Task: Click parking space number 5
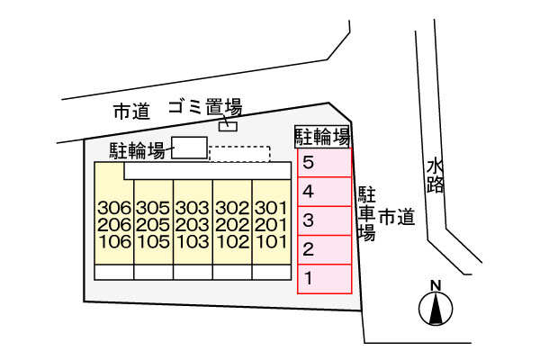pos(324,163)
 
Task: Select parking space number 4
pos(324,192)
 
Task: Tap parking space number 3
pos(324,220)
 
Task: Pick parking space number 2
pos(324,250)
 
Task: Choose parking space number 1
pos(324,279)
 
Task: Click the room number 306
pos(114,208)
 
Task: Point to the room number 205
pos(153,225)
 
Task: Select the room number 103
pos(193,242)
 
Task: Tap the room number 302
pos(232,208)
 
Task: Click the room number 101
pos(272,242)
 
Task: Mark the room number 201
pos(272,225)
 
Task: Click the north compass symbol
pos(436,309)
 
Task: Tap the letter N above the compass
pos(436,285)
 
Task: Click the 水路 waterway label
pos(435,175)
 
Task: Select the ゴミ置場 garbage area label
pos(205,107)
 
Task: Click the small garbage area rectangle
pos(228,127)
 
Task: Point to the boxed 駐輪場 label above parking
pos(322,137)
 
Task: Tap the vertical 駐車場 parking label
pos(366,213)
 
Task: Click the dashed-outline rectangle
pos(239,154)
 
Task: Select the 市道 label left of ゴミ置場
pos(132,112)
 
